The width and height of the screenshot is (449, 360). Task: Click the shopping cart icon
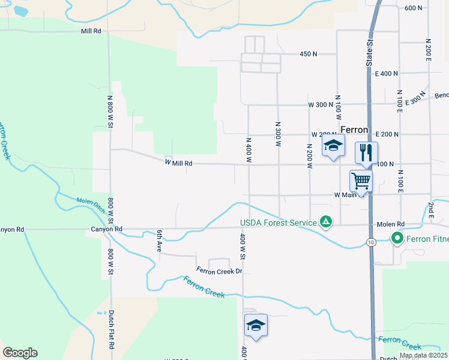[361, 180]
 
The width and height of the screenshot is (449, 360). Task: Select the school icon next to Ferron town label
[334, 146]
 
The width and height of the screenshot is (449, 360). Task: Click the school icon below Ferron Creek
[256, 325]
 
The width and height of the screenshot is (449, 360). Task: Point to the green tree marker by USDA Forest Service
[325, 222]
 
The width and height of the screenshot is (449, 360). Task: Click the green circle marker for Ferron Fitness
[397, 239]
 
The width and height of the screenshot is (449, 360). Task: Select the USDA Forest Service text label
[278, 223]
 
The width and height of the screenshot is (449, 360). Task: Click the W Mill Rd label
[179, 163]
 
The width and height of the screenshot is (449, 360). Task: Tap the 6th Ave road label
[160, 241]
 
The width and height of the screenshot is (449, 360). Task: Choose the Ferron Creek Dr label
[218, 271]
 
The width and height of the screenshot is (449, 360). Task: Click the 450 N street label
[308, 54]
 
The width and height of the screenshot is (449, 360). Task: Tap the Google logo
[20, 353]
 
